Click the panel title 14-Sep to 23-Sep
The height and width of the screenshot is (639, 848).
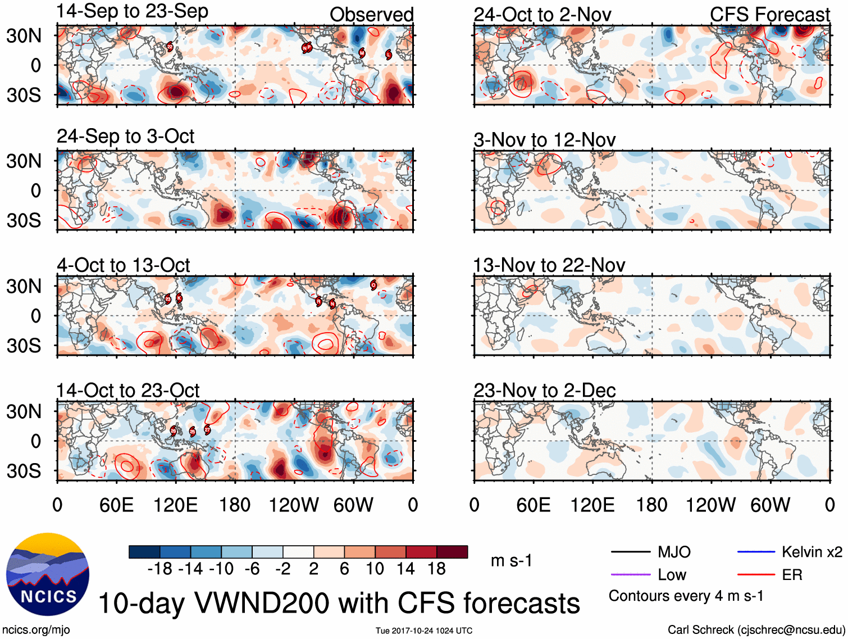click(x=133, y=11)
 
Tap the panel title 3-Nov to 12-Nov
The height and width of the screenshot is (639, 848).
click(x=544, y=139)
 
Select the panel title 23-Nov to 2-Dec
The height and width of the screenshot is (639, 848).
click(x=544, y=390)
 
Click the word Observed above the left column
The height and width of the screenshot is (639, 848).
click(x=371, y=15)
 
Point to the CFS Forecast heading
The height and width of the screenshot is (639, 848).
click(x=769, y=15)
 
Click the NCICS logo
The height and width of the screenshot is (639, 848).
click(x=48, y=574)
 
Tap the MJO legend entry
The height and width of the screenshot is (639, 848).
click(x=674, y=552)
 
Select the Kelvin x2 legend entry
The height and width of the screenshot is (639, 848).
click(x=811, y=552)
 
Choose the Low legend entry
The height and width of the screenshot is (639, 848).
click(x=672, y=575)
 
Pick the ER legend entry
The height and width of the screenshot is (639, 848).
click(x=792, y=575)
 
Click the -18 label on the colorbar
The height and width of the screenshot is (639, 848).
click(x=159, y=569)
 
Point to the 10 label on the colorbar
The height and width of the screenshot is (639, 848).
click(x=375, y=569)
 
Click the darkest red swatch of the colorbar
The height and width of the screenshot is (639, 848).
click(x=452, y=552)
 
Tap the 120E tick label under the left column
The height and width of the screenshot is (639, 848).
click(x=176, y=505)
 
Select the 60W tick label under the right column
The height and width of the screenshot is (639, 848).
click(x=770, y=505)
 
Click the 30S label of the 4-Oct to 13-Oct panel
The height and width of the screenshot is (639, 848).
click(x=24, y=345)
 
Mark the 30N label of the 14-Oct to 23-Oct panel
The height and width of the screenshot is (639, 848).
click(x=24, y=411)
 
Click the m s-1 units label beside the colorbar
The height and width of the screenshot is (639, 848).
click(x=511, y=560)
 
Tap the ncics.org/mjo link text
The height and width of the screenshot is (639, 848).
click(x=36, y=630)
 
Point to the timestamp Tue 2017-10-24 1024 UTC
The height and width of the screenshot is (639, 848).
click(x=424, y=631)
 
